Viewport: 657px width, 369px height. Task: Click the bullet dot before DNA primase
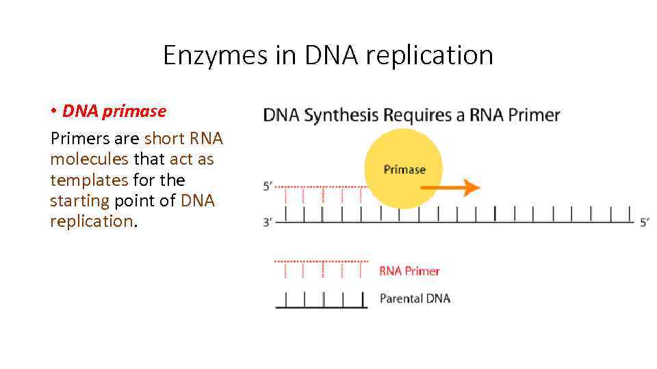click(53, 111)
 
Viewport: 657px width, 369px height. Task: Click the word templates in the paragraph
click(89, 180)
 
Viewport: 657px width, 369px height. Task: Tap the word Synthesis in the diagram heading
click(341, 115)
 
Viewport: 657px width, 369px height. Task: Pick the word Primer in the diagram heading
click(534, 115)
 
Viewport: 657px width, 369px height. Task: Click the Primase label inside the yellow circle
click(404, 169)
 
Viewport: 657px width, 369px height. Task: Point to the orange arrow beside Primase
click(463, 187)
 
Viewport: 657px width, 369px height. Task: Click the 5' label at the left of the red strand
click(269, 186)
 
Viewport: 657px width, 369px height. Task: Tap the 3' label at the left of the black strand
click(269, 222)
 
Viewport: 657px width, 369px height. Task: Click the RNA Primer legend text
click(409, 271)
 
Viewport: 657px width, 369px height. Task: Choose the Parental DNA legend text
click(415, 299)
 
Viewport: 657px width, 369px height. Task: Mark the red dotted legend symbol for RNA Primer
click(321, 269)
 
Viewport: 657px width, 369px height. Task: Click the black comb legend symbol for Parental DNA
click(321, 300)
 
